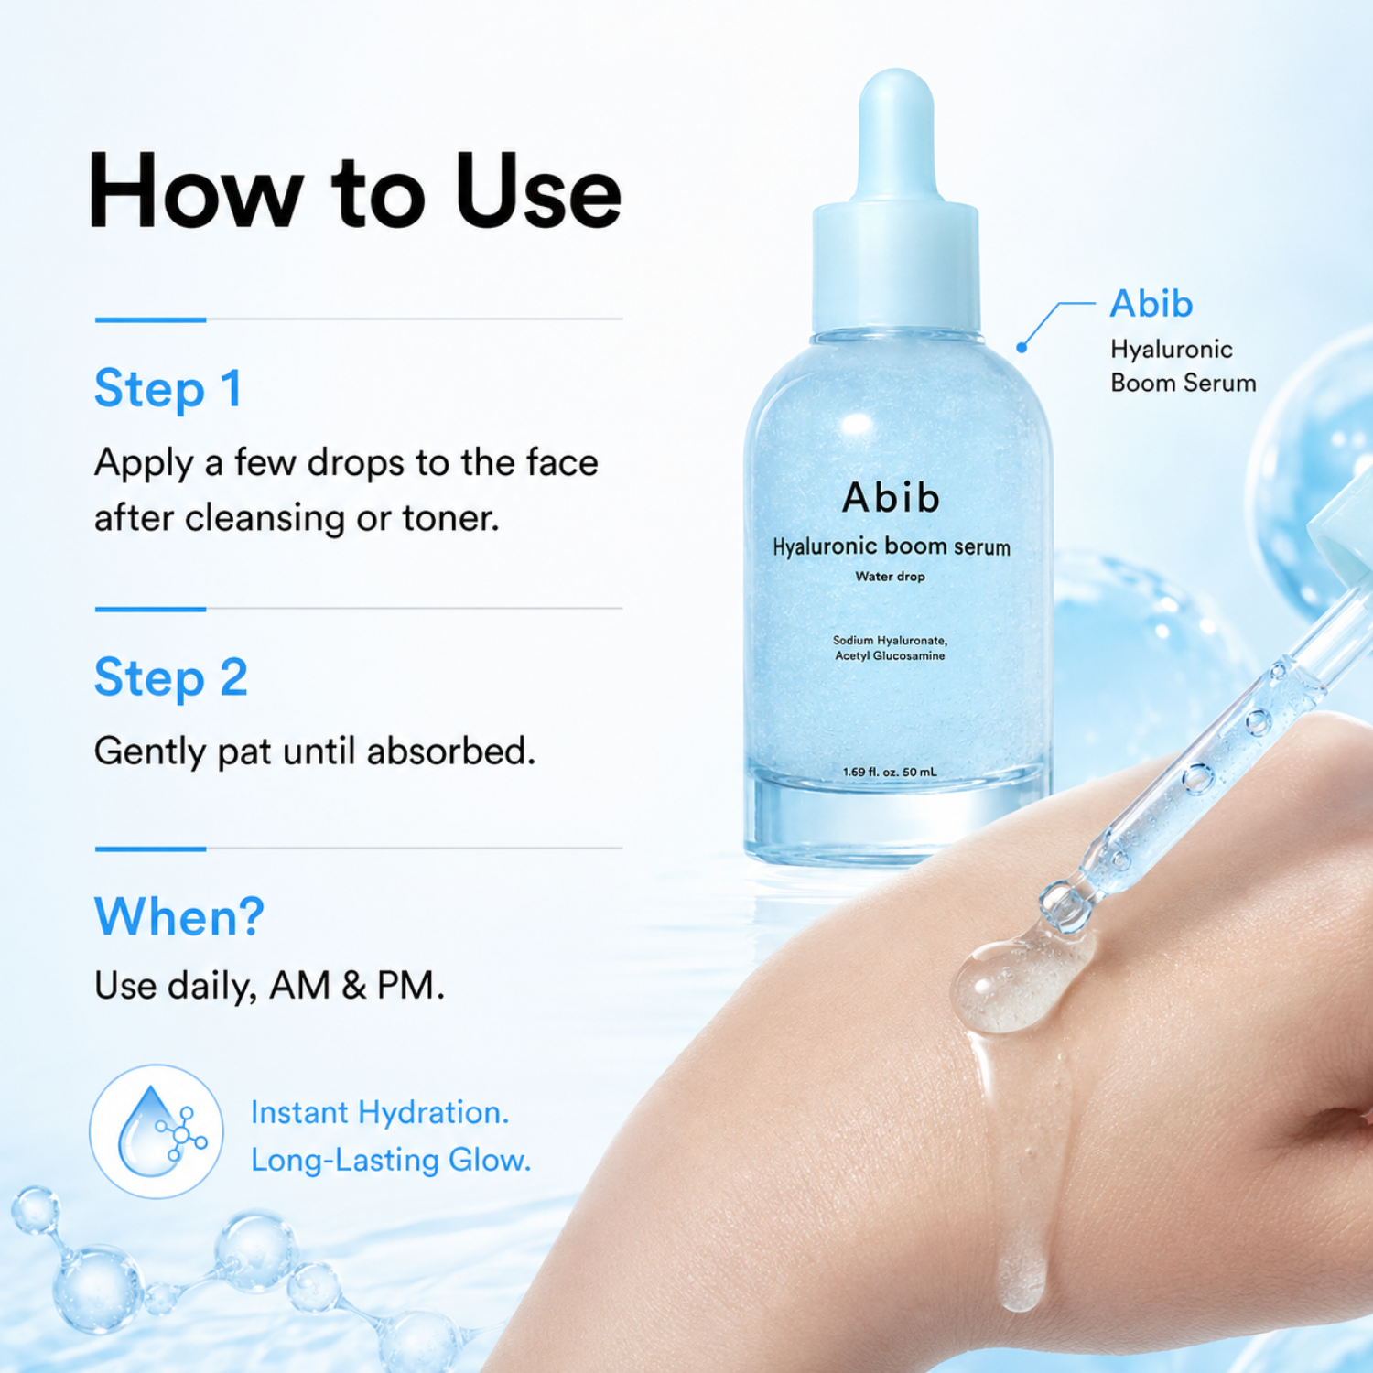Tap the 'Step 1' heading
[168, 389]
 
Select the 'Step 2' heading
[171, 678]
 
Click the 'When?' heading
[179, 916]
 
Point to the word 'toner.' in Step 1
[451, 519]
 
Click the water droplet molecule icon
[157, 1131]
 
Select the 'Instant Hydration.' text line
[380, 1113]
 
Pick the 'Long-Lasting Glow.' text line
[391, 1161]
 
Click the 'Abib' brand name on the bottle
[891, 498]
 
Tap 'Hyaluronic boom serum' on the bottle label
[892, 547]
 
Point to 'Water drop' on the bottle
[891, 577]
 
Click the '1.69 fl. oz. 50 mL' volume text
[890, 773]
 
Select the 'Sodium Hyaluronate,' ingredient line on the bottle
[890, 641]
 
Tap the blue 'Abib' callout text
[1151, 304]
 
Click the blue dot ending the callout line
[1022, 348]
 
